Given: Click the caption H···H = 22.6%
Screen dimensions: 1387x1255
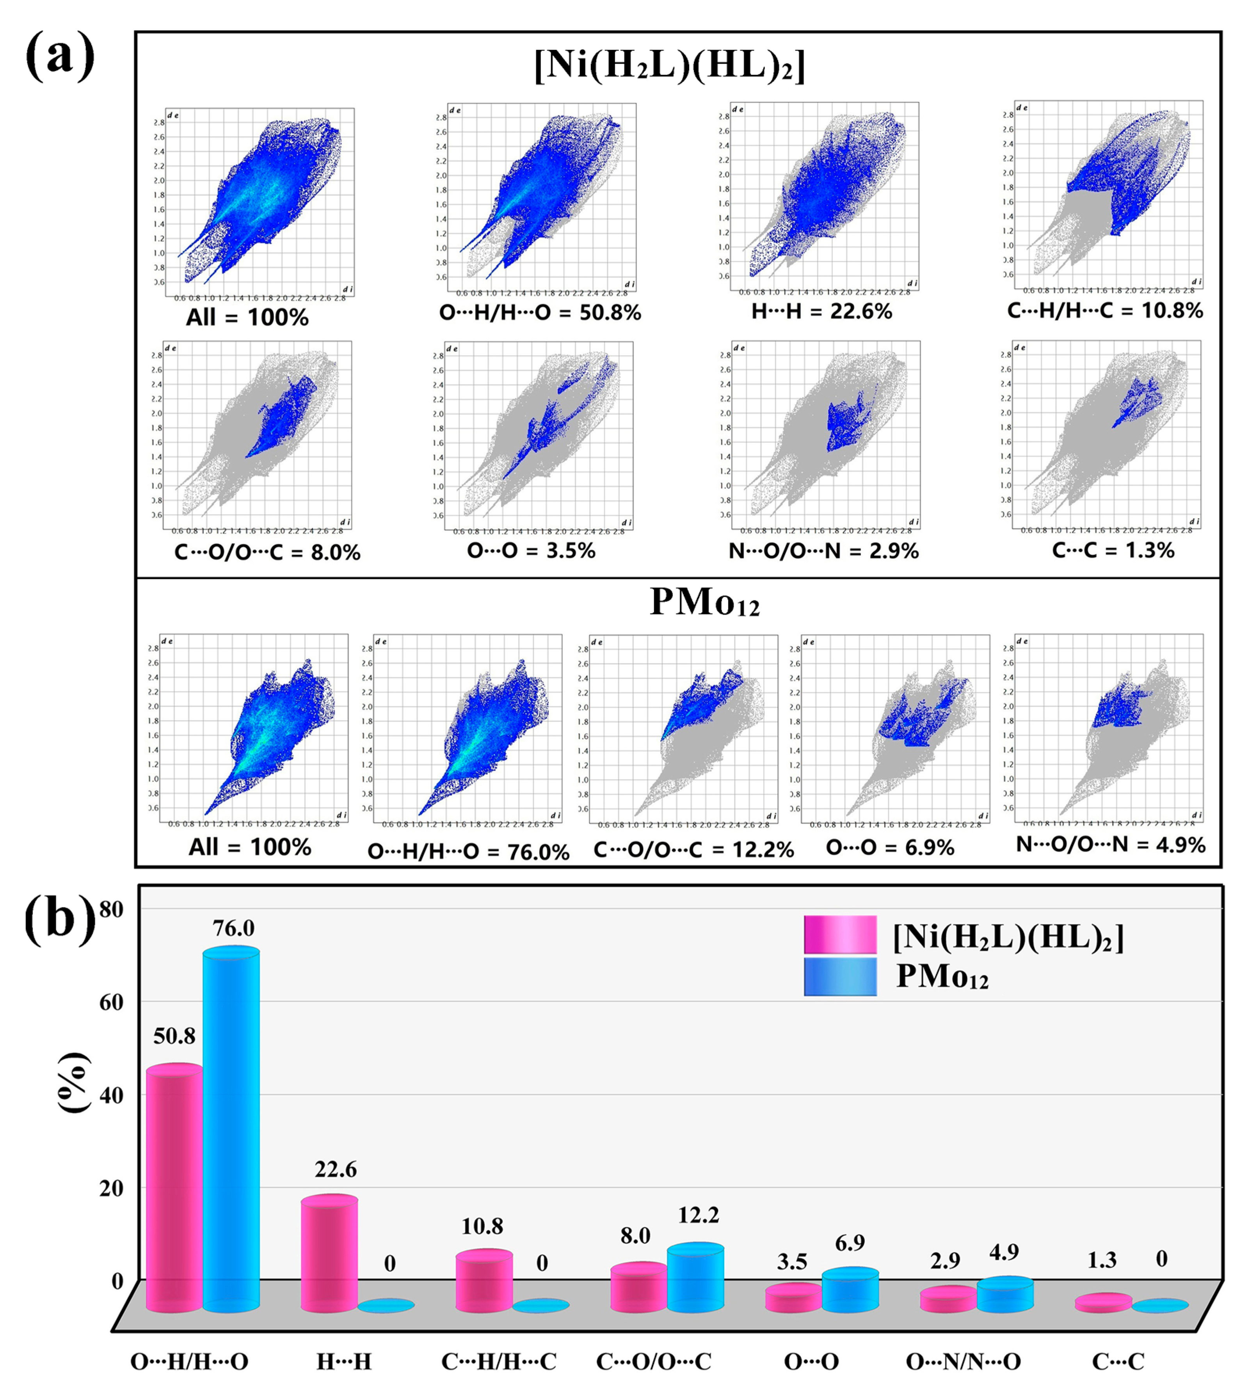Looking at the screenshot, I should (821, 312).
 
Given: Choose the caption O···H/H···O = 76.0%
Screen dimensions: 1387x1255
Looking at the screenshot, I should (468, 852).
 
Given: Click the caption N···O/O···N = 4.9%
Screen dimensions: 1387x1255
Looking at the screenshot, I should (1110, 845).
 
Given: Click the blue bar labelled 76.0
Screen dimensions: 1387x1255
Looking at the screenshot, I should (231, 1128).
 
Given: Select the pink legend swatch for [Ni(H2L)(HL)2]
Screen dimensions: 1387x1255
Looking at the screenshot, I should (840, 934).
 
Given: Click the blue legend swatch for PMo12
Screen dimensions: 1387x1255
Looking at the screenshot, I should (840, 977).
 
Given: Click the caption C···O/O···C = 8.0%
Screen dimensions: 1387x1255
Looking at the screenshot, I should (267, 553).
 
